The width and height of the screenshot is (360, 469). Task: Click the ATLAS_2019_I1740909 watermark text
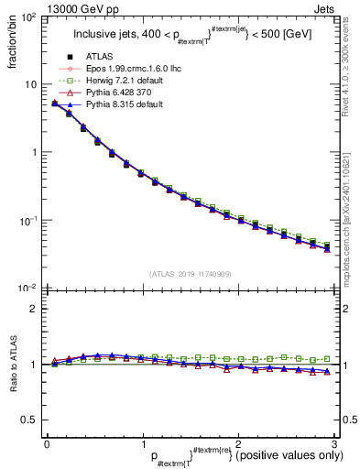pyautogui.click(x=191, y=274)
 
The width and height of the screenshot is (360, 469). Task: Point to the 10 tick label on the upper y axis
pyautogui.click(x=31, y=84)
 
